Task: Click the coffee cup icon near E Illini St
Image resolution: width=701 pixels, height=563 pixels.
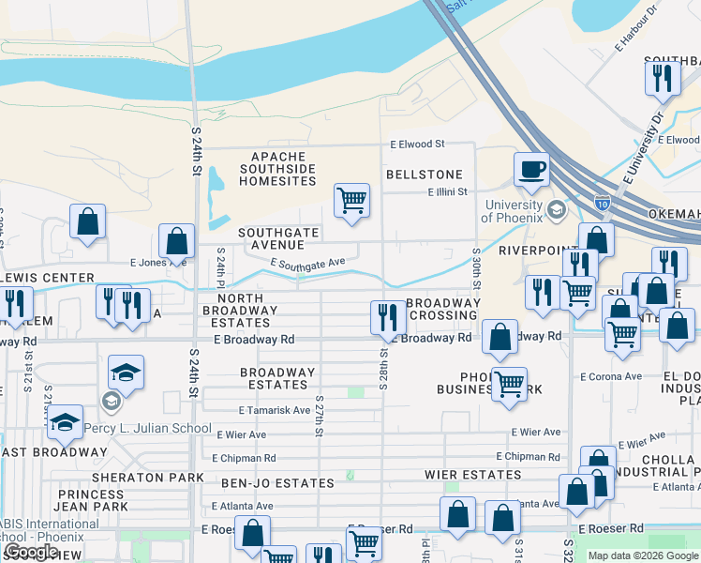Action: tap(531, 170)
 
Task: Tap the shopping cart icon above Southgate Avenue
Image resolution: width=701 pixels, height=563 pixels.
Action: tap(351, 200)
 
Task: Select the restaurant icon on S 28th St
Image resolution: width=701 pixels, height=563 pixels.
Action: tap(386, 317)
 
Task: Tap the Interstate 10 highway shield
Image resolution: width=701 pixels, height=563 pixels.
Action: tap(603, 202)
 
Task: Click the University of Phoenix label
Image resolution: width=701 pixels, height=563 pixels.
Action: tap(513, 211)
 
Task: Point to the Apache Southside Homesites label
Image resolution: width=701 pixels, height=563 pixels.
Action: tap(278, 168)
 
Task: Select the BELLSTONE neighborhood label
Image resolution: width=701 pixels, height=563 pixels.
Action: tap(425, 175)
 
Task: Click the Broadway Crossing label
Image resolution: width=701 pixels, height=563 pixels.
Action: tap(441, 310)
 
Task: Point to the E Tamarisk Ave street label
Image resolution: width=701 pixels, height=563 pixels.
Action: tap(274, 410)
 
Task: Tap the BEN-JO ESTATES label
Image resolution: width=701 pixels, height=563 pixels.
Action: tap(277, 483)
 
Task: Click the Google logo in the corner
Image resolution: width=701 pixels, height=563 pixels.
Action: tap(31, 552)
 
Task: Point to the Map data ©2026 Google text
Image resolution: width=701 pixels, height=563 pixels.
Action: tap(642, 555)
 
